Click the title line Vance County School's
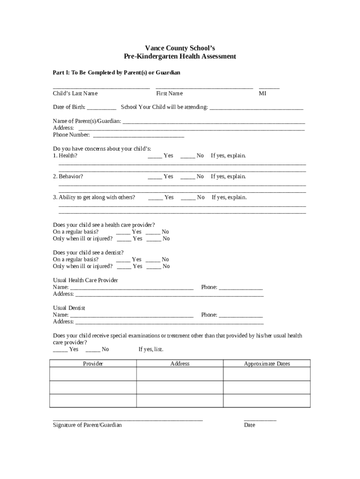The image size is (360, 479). coord(180,48)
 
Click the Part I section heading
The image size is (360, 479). coord(116,73)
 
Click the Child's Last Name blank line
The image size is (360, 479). coord(101,87)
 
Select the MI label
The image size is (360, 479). coord(263,94)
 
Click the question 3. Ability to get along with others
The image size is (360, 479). coord(94,197)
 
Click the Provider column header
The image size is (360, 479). coord(93,363)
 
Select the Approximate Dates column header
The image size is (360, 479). coord(267,363)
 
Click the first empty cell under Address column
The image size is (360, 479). coord(180,374)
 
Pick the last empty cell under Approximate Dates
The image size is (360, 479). coord(267,401)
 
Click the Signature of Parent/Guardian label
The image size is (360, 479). coord(87,425)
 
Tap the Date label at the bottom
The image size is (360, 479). coord(250,425)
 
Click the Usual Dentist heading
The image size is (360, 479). coord(69,308)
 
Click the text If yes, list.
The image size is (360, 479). coord(151,349)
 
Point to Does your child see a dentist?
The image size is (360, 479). coord(88,252)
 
